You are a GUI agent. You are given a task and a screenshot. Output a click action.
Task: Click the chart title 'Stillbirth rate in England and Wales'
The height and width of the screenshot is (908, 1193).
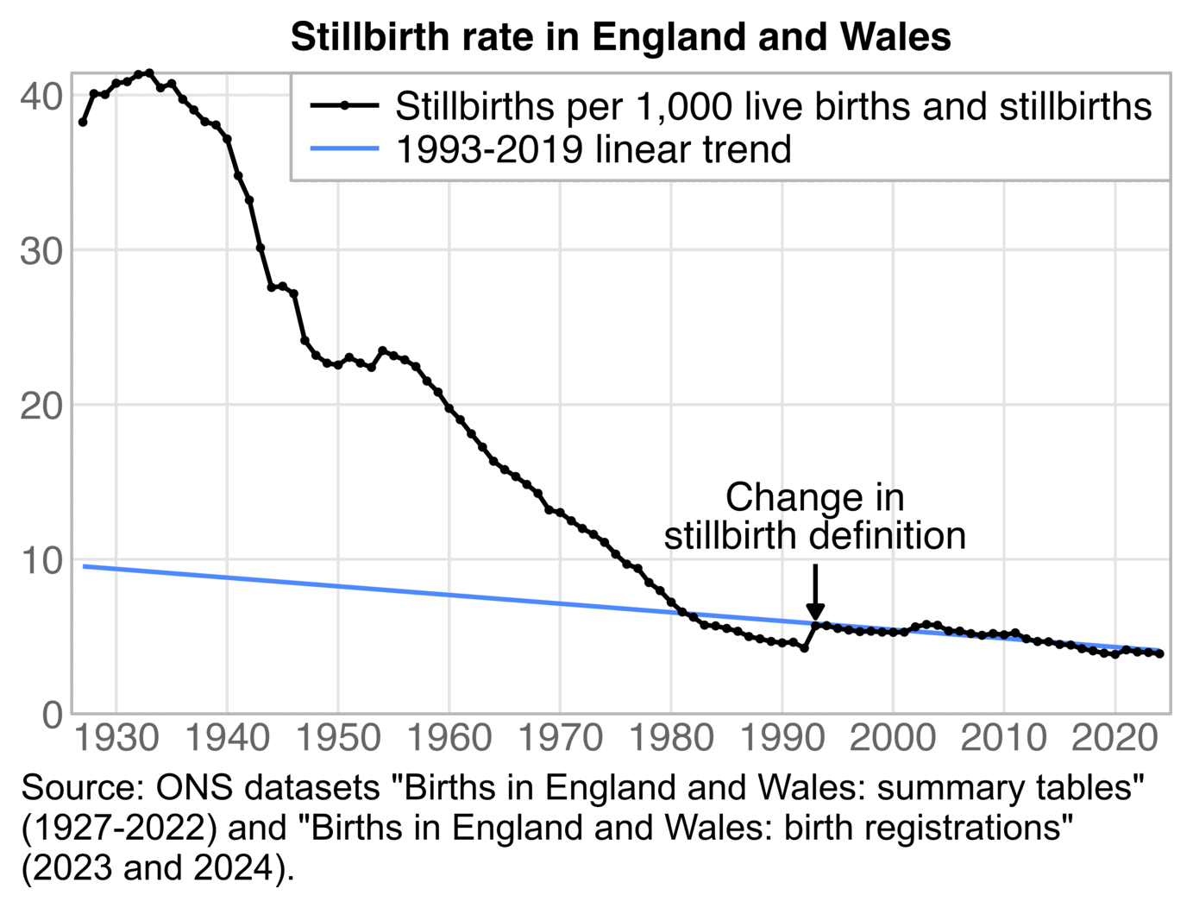pos(620,37)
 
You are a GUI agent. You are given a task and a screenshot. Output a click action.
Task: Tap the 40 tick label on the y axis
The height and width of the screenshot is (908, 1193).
pos(42,97)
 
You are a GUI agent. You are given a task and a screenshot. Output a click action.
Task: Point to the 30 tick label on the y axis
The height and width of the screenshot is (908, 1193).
pos(42,251)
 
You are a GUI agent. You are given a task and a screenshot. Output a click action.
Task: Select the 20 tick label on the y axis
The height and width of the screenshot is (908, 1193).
pos(42,406)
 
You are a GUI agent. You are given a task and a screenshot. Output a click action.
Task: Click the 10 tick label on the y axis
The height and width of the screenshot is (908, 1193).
pos(42,560)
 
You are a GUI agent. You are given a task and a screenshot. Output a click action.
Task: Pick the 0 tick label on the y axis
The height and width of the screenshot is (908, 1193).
pos(53,715)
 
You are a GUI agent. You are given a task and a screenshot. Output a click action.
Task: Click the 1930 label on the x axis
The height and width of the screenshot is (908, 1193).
pos(116,738)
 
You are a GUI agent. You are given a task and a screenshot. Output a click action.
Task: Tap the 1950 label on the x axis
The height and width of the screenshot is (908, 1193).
pos(338,738)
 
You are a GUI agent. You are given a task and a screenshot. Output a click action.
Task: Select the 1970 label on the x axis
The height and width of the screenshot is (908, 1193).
pos(560,738)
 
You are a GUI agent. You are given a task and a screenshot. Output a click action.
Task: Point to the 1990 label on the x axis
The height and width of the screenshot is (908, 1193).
pos(782,738)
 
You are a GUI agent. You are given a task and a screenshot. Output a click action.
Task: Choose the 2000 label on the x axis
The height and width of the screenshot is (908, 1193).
pos(893,738)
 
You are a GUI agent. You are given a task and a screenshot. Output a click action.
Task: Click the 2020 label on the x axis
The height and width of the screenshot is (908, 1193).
pos(1115,738)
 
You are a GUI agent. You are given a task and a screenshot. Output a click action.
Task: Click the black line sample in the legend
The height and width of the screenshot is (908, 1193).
pos(344,106)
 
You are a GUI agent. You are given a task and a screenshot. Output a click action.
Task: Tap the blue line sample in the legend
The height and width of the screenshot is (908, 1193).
pos(344,149)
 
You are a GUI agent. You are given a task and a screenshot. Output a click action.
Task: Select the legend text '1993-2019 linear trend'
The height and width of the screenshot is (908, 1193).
pos(593,149)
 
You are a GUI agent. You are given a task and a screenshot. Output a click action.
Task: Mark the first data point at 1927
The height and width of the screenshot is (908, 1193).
pos(83,123)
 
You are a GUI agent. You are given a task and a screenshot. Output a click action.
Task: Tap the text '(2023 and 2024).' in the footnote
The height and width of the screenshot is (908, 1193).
pos(158,867)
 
